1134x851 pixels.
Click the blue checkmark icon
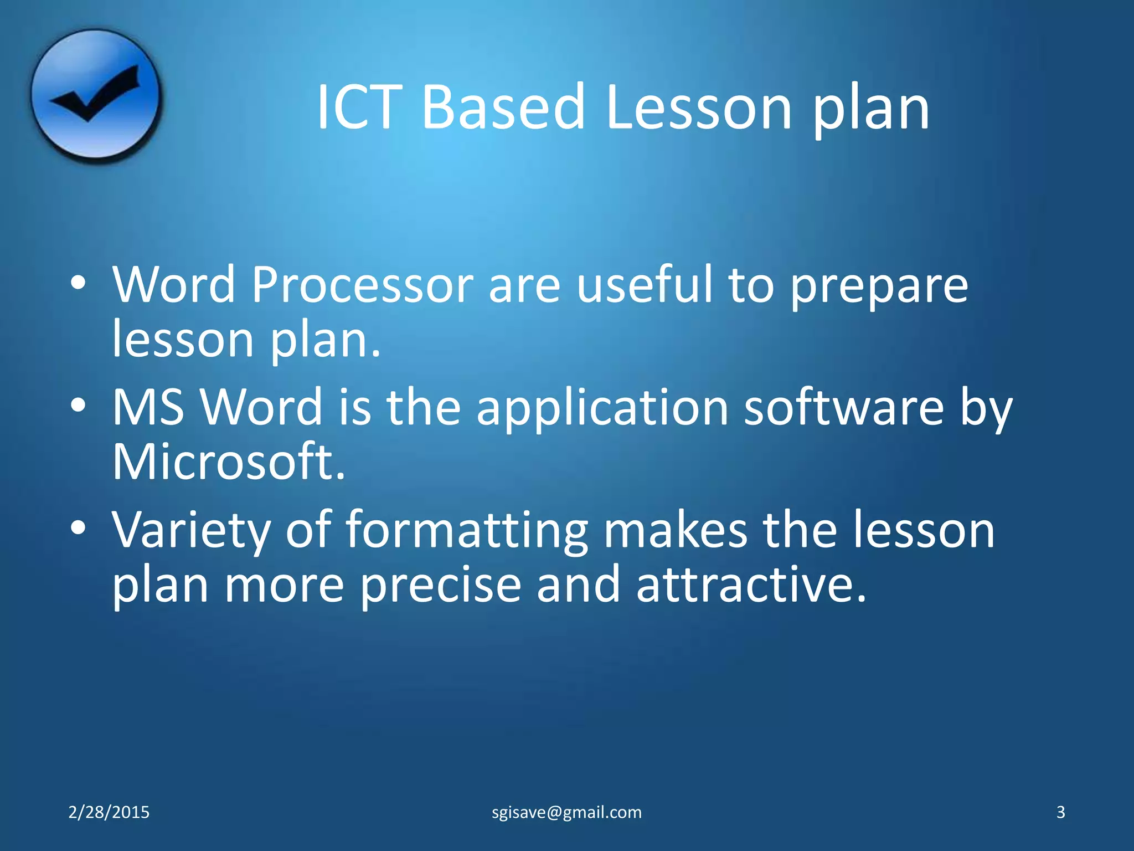[95, 95]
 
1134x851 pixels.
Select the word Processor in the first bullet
[362, 285]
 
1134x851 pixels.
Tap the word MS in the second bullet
[148, 407]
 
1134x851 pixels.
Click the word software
[844, 407]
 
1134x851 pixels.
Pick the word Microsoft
[229, 462]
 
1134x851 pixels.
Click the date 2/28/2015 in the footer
[109, 812]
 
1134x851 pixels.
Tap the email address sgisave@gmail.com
[567, 812]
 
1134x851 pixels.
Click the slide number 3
[1060, 812]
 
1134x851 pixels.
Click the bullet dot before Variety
[78, 528]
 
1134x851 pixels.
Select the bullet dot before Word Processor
[78, 283]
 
